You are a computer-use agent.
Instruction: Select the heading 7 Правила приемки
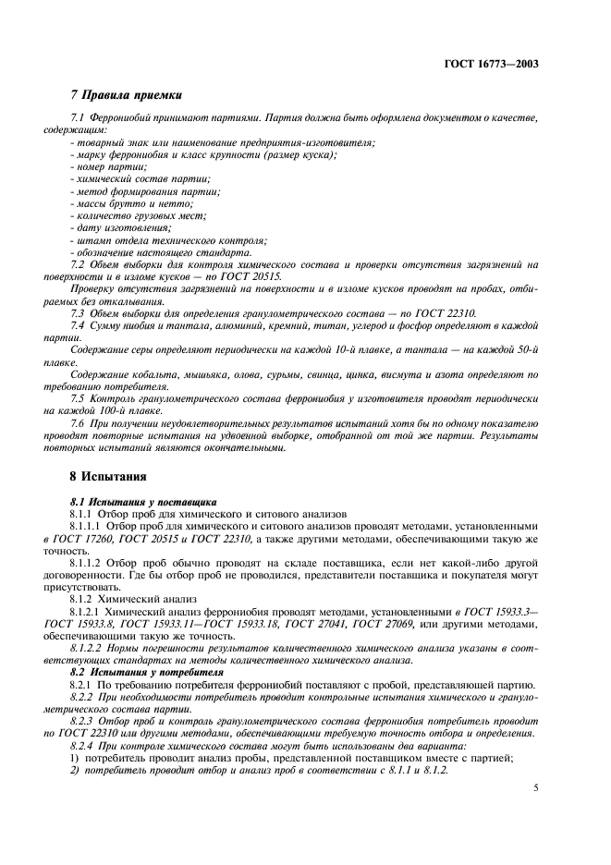pos(127,95)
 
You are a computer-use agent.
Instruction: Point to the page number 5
pos(537,788)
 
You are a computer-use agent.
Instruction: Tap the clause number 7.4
pos(79,325)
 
